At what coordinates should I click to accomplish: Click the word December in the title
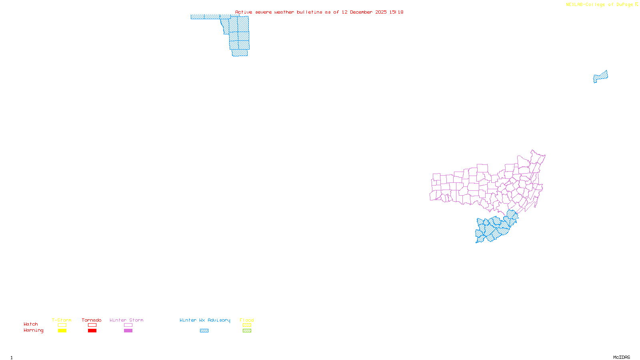[x=361, y=12]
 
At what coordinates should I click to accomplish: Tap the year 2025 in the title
[x=381, y=12]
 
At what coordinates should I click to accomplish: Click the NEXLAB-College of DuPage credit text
[x=599, y=5]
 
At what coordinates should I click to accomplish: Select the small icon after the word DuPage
[x=636, y=4]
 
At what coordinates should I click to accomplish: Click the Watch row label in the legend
[x=31, y=324]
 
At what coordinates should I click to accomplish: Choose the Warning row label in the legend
[x=33, y=330]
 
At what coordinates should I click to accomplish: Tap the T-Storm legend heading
[x=62, y=320]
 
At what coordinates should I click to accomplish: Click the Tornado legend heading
[x=92, y=320]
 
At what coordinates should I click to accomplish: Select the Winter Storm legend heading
[x=126, y=320]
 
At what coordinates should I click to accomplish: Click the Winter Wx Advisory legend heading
[x=205, y=320]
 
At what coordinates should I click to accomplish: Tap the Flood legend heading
[x=247, y=320]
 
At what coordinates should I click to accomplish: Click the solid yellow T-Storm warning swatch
[x=62, y=331]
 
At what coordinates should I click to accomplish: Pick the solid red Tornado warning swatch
[x=92, y=331]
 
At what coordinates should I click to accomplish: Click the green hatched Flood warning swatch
[x=247, y=331]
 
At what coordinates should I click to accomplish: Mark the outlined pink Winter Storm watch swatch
[x=128, y=325]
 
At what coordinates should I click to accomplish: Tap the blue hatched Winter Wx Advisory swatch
[x=204, y=331]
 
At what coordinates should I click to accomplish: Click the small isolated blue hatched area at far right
[x=600, y=76]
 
